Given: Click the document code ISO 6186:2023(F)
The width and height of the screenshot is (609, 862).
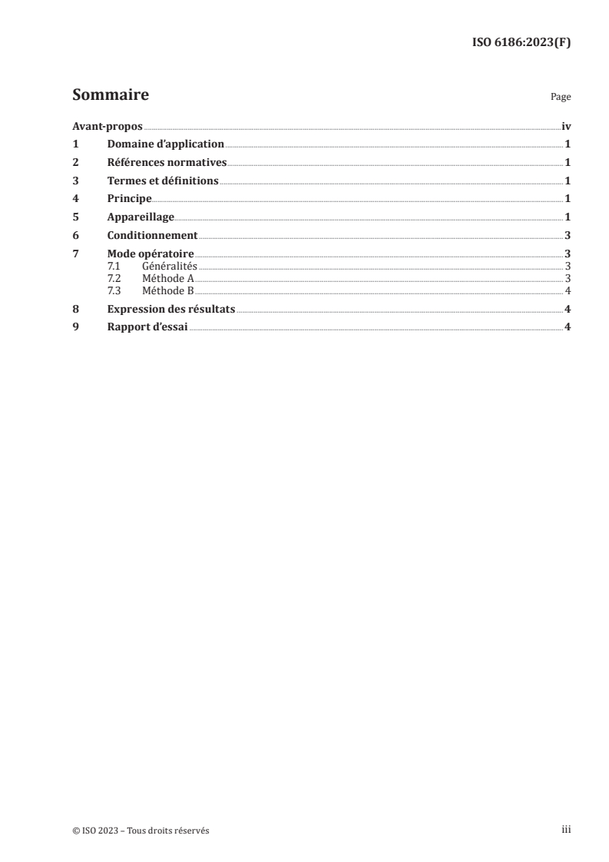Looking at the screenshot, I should (521, 42).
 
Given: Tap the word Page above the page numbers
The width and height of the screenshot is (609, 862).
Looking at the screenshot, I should (561, 98).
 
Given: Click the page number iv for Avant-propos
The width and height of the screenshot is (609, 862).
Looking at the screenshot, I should (566, 126).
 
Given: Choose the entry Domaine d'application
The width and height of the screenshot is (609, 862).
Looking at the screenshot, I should (165, 144).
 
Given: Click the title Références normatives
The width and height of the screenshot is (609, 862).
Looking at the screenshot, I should (167, 162).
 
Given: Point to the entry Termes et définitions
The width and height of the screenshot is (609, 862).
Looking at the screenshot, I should (163, 181).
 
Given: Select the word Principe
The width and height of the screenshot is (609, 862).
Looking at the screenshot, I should (129, 199).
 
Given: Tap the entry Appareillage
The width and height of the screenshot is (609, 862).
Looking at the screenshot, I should (141, 217).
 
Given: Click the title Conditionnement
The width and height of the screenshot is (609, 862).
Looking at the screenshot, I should (152, 236).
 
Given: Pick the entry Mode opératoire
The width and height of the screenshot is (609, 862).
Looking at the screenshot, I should (150, 254).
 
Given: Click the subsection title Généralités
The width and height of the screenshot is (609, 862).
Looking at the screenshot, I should (170, 266).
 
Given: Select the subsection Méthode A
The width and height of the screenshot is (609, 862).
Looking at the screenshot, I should (167, 278).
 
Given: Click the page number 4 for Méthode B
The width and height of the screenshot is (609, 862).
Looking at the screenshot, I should (567, 290).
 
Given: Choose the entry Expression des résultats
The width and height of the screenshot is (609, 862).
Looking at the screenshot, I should (170, 310).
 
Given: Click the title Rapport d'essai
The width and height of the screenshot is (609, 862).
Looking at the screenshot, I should (147, 328).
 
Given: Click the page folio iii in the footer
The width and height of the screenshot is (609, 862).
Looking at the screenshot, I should (565, 830).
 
